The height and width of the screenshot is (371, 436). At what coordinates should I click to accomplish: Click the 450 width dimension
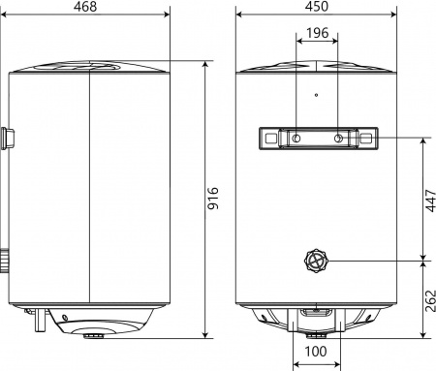(316, 9)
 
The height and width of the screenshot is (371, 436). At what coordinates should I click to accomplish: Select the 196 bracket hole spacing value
(317, 34)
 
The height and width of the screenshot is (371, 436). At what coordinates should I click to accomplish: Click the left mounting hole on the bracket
(295, 139)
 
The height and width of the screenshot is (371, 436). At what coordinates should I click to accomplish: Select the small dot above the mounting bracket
(317, 95)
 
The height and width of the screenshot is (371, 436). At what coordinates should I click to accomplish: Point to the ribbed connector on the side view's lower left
(7, 260)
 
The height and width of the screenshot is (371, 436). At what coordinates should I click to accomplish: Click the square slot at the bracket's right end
(366, 139)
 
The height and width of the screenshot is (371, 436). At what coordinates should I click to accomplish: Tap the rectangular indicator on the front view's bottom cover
(317, 312)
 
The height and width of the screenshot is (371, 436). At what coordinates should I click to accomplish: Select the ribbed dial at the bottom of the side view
(94, 336)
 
